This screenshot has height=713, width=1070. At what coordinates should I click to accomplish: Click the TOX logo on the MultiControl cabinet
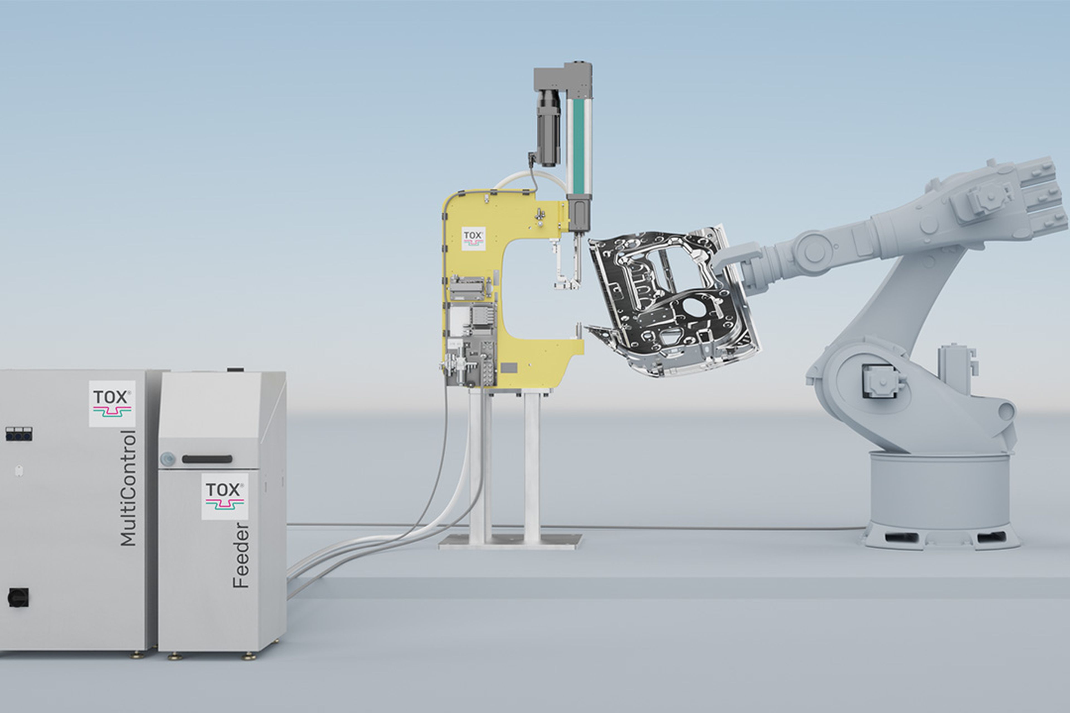112,403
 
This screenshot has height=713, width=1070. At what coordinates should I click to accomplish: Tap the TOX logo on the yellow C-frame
473,239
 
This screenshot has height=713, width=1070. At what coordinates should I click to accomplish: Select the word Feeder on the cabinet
241,556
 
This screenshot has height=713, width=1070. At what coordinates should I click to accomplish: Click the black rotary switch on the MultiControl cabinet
18,597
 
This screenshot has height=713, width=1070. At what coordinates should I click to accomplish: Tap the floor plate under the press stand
510,541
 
